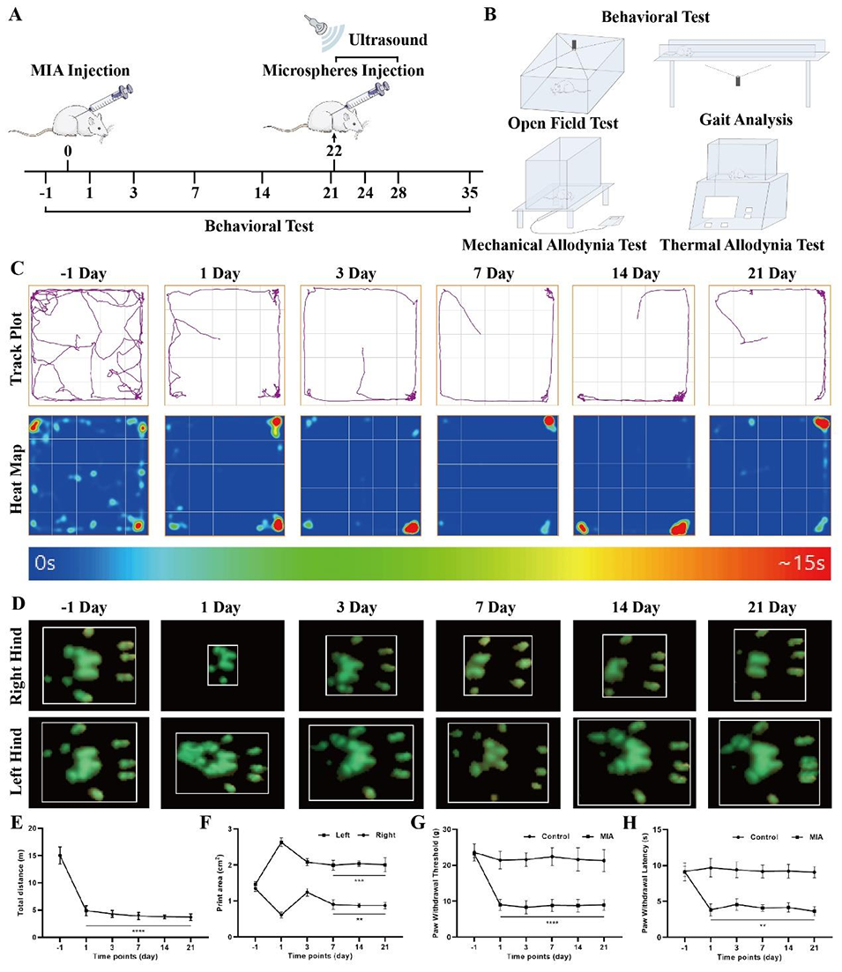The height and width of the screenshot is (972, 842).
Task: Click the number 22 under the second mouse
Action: (332, 151)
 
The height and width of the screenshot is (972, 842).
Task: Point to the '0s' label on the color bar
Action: (47, 562)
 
